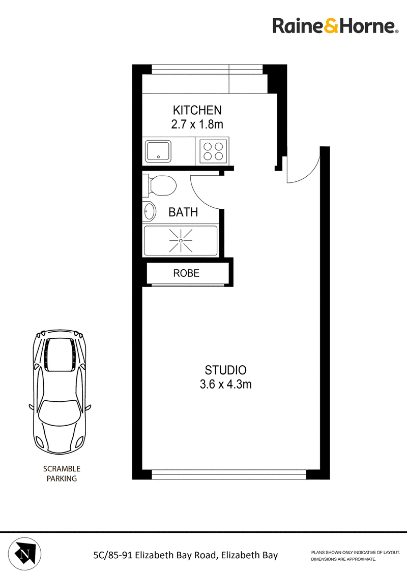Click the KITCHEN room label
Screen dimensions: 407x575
[197, 110]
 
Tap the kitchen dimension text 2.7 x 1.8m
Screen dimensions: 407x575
[197, 124]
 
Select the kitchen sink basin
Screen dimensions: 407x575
[158, 151]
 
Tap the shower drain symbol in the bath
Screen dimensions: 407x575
[181, 241]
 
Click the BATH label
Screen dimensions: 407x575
[183, 212]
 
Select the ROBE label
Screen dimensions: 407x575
[186, 273]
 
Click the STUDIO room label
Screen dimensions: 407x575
[225, 370]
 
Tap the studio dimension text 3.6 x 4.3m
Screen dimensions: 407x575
[225, 385]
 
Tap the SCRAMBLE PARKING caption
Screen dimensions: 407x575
[62, 473]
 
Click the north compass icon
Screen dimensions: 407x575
[24, 554]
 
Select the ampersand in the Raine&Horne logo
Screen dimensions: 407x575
[331, 26]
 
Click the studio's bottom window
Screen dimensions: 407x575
[229, 474]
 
